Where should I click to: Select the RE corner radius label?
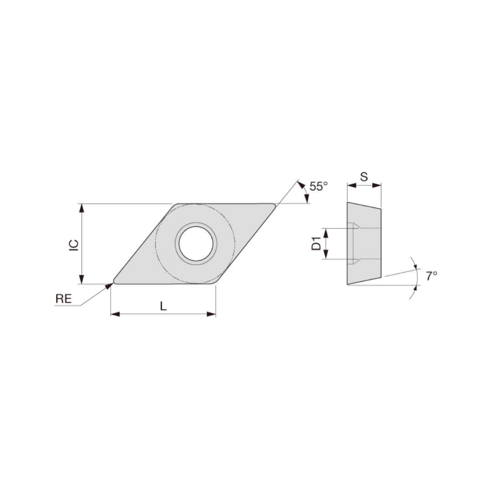point(63,299)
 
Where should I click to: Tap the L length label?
point(163,307)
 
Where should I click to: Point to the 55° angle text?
point(318,186)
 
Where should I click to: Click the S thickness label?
point(364,177)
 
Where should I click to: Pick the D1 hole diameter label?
point(316,244)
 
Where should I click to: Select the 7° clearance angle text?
point(431,276)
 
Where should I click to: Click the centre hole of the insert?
point(196,243)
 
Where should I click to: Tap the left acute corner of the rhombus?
point(115,281)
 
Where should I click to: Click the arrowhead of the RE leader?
point(110,285)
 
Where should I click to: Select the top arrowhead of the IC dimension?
point(82,208)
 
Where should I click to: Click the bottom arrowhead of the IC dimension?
point(82,280)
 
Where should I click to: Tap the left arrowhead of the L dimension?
point(115,314)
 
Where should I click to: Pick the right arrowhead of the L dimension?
point(211,314)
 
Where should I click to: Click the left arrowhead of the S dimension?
point(351,185)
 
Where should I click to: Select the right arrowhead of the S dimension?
point(377,185)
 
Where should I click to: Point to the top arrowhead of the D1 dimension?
point(326,233)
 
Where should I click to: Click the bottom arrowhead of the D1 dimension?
point(326,255)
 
